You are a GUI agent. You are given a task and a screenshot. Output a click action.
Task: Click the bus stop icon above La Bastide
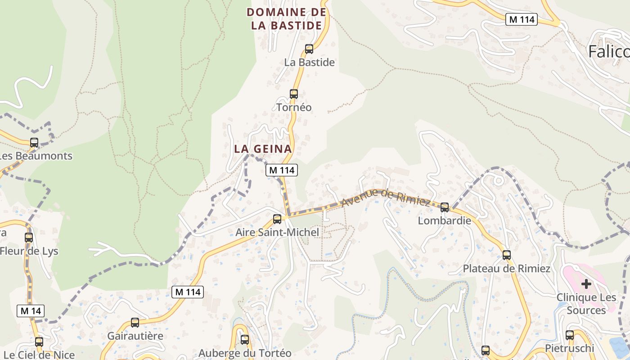coord(309,49)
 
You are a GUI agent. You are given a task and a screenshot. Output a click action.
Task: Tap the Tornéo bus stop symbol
coord(294,94)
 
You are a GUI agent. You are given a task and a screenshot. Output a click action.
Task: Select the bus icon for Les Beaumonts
coord(34,143)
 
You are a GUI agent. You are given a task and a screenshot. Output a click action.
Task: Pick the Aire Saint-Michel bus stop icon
coord(277,219)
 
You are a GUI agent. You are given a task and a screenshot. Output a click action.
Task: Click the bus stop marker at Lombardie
coord(445,207)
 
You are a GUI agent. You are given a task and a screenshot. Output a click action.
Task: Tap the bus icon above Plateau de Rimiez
coord(507,255)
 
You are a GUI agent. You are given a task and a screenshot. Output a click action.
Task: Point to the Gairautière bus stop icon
coord(135,323)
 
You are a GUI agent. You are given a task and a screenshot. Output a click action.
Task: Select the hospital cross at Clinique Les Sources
coord(586,283)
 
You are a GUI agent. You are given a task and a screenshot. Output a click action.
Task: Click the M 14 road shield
coord(31,310)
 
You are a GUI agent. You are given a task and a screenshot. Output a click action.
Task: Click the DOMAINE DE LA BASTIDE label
coord(287,19)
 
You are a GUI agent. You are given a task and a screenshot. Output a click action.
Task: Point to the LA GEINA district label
coord(263,148)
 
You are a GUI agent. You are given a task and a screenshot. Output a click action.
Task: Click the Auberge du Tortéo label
coord(245,353)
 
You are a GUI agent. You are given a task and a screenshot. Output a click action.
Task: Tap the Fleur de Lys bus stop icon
coord(29,237)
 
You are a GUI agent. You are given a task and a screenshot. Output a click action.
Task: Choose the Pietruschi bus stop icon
coord(570,335)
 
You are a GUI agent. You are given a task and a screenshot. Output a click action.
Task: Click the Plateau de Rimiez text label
coord(507,269)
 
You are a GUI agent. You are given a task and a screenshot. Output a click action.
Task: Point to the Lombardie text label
coord(445,220)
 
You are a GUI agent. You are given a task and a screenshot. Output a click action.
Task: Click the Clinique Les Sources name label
coord(586,304)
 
